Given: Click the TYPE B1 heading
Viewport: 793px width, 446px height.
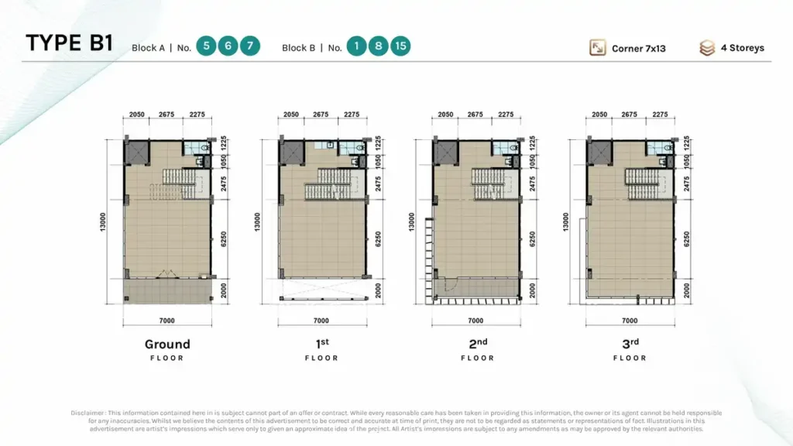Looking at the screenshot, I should (69, 43).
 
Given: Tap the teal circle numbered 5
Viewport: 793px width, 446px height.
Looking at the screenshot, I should (205, 46).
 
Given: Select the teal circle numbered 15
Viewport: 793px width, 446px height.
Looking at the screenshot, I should (400, 46).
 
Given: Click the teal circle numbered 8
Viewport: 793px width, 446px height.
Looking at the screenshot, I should (378, 46).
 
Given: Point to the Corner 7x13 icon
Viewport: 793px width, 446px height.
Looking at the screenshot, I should (598, 47).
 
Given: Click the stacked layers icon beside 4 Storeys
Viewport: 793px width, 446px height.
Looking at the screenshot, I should (707, 48).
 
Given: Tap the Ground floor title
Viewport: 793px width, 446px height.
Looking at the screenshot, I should (167, 345).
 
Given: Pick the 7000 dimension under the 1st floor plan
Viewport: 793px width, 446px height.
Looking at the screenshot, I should (321, 321).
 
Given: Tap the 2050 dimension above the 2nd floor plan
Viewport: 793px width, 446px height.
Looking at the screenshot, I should (445, 115).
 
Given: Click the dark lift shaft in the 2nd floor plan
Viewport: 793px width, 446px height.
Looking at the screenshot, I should (445, 153).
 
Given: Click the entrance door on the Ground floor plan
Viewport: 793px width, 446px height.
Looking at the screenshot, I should (166, 273).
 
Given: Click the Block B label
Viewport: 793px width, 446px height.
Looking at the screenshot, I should (298, 48).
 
